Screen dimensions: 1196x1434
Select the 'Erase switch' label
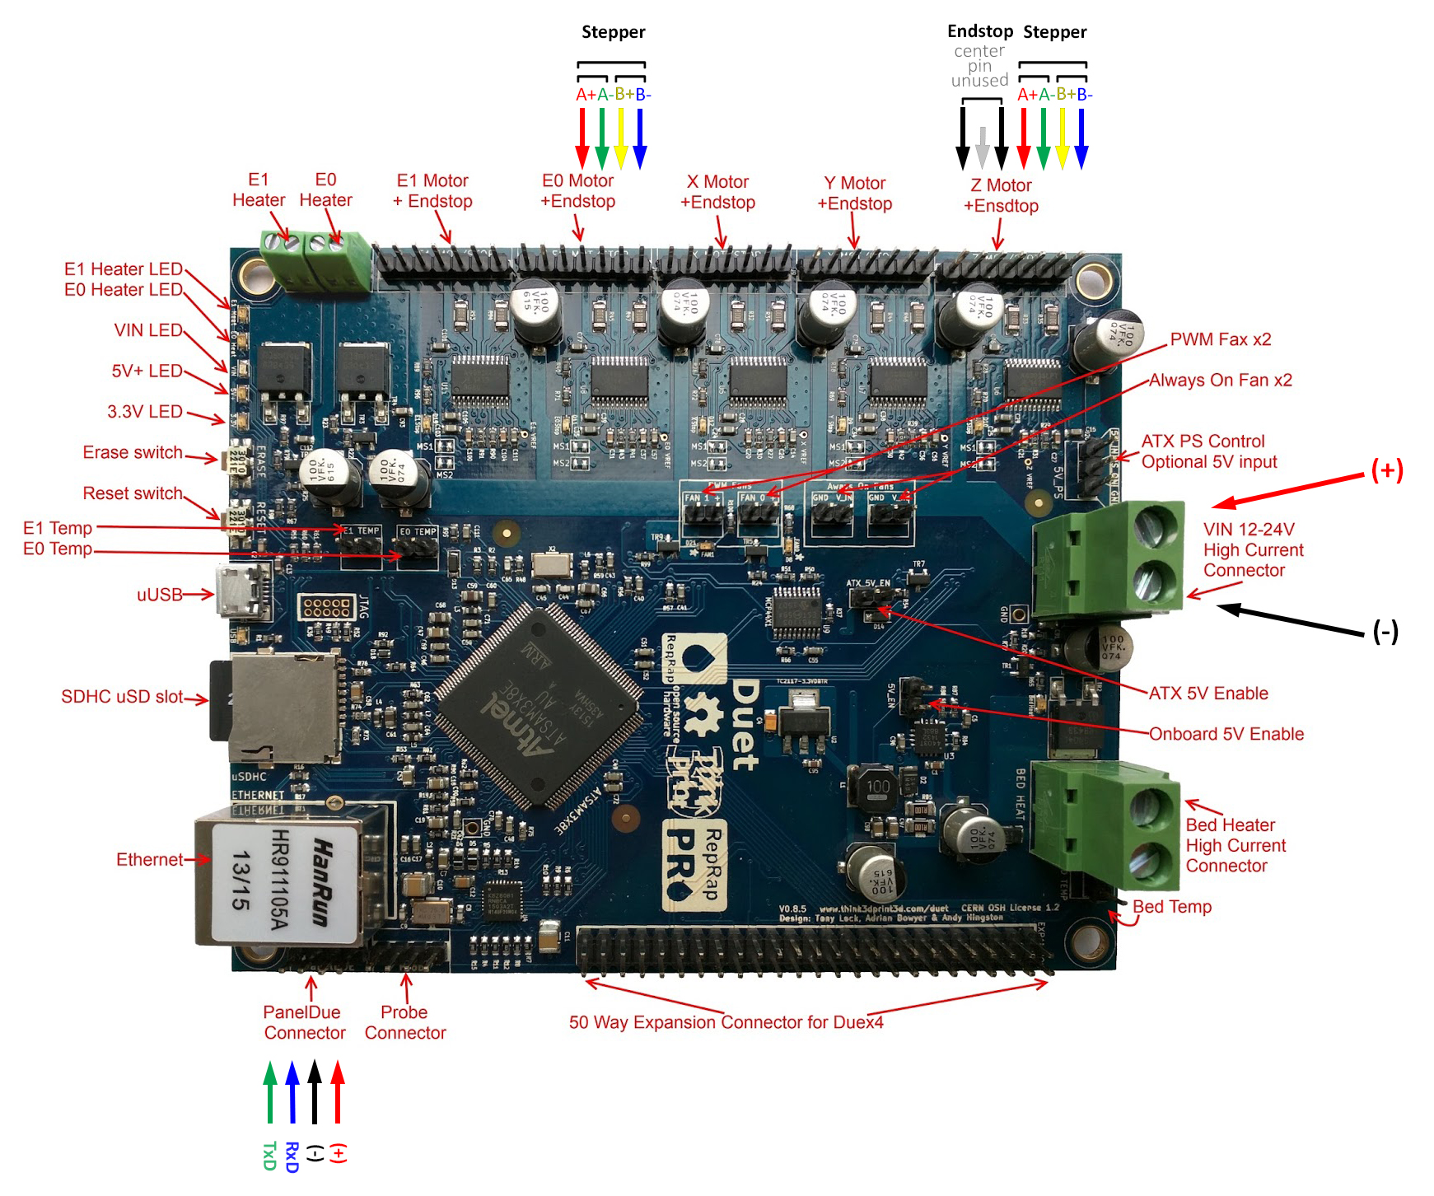click(x=132, y=452)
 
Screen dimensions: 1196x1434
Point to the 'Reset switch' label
click(x=132, y=493)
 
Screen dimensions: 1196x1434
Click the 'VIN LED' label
click(x=148, y=330)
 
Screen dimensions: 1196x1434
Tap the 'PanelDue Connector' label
click(x=304, y=1022)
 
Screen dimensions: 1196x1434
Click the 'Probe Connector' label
click(x=404, y=1022)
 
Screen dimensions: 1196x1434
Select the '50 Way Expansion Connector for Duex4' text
click(x=726, y=1022)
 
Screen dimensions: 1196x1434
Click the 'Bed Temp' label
click(x=1171, y=907)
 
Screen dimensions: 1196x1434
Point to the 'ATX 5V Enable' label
click(x=1208, y=694)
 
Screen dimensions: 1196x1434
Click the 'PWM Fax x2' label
click(x=1220, y=339)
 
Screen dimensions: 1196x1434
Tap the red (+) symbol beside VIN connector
click(x=1386, y=470)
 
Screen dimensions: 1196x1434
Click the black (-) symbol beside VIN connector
click(x=1385, y=632)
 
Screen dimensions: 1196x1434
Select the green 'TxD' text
click(x=269, y=1156)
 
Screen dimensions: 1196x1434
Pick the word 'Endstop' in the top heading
click(x=979, y=31)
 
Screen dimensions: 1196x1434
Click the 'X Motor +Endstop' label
click(x=717, y=192)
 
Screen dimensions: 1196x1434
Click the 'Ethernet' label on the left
click(x=149, y=860)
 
